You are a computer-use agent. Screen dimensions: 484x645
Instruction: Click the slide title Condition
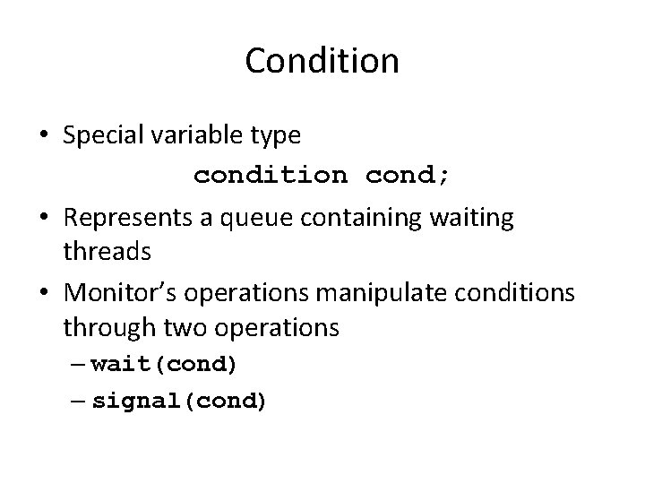pyautogui.click(x=322, y=61)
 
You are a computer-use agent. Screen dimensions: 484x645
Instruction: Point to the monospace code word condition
pyautogui.click(x=271, y=176)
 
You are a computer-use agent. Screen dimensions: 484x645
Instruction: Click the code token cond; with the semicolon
pyautogui.click(x=408, y=176)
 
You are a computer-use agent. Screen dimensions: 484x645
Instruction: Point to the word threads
pyautogui.click(x=107, y=253)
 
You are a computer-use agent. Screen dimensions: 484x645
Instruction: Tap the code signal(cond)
pyautogui.click(x=179, y=402)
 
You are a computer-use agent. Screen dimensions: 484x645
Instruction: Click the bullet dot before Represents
pyautogui.click(x=44, y=216)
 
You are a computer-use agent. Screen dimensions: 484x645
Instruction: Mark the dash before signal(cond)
pyautogui.click(x=78, y=402)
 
